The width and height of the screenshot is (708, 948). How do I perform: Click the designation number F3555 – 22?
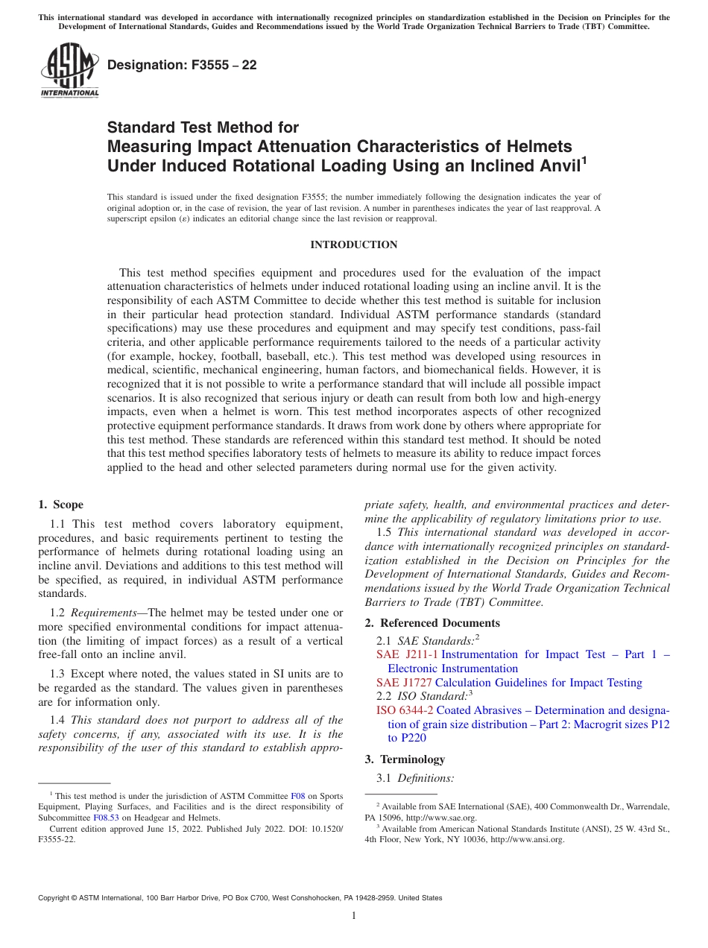pos(182,66)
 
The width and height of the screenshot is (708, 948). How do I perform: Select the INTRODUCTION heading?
pos(353,244)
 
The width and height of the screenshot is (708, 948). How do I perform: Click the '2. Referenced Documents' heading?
pos(432,623)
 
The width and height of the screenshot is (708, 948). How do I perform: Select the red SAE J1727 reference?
pos(404,683)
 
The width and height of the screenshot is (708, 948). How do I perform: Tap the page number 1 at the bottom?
pos(354,916)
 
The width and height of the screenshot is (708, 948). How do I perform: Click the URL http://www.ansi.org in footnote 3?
pos(527,839)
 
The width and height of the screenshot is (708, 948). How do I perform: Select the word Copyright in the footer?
pos(58,898)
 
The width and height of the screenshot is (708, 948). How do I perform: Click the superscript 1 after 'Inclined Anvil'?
pos(584,159)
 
